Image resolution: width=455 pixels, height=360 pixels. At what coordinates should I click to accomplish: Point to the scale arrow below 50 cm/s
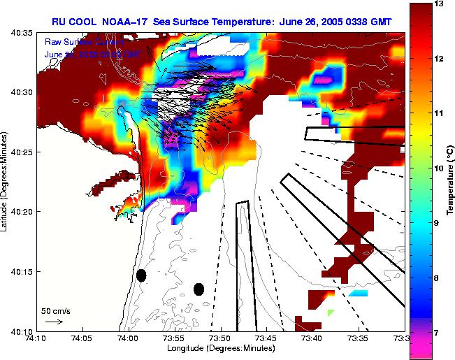coord(54,322)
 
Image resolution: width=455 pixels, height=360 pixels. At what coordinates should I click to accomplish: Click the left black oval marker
coord(141,275)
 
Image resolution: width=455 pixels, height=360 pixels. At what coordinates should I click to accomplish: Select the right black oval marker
coord(198,289)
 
